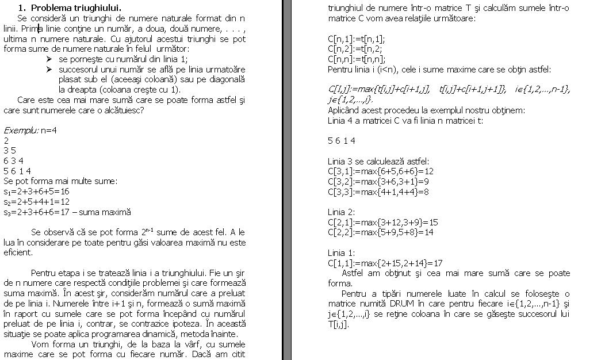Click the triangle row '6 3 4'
point(13,161)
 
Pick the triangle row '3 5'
point(10,151)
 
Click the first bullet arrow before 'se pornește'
point(49,59)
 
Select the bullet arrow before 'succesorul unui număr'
point(49,70)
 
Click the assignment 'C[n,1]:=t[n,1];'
point(356,39)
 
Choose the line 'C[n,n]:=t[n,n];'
point(357,59)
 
